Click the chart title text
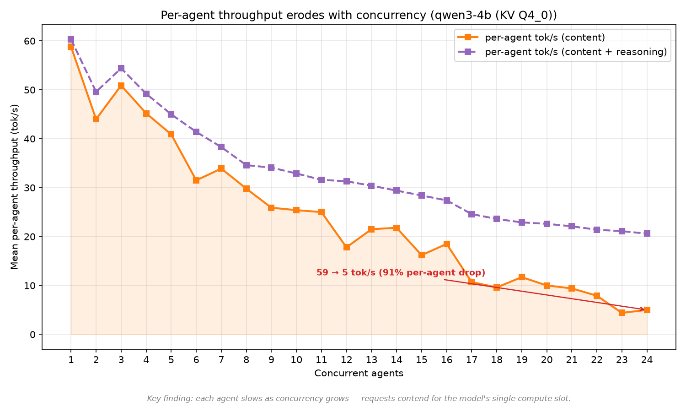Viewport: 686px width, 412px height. click(x=359, y=15)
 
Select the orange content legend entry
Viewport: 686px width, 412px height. click(x=531, y=38)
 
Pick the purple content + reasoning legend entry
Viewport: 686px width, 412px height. click(x=562, y=52)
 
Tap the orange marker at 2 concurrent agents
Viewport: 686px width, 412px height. click(x=96, y=119)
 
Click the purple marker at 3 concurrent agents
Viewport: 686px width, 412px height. click(x=121, y=68)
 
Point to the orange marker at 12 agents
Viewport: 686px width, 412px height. click(x=346, y=247)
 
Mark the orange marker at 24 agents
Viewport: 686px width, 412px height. click(x=647, y=310)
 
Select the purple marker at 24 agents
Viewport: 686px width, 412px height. click(x=647, y=233)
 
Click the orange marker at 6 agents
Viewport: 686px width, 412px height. click(x=196, y=180)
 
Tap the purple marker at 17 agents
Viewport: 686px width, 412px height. click(x=472, y=214)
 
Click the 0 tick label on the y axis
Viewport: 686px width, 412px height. click(x=32, y=335)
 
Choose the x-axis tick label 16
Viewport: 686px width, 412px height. click(x=446, y=359)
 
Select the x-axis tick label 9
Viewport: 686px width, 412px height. click(x=271, y=359)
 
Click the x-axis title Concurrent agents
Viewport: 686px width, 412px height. click(x=359, y=374)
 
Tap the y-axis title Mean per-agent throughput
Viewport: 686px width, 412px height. click(x=15, y=187)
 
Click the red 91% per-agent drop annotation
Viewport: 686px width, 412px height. click(x=401, y=272)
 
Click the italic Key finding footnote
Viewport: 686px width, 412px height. click(x=359, y=399)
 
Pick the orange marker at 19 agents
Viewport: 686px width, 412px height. click(x=521, y=277)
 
